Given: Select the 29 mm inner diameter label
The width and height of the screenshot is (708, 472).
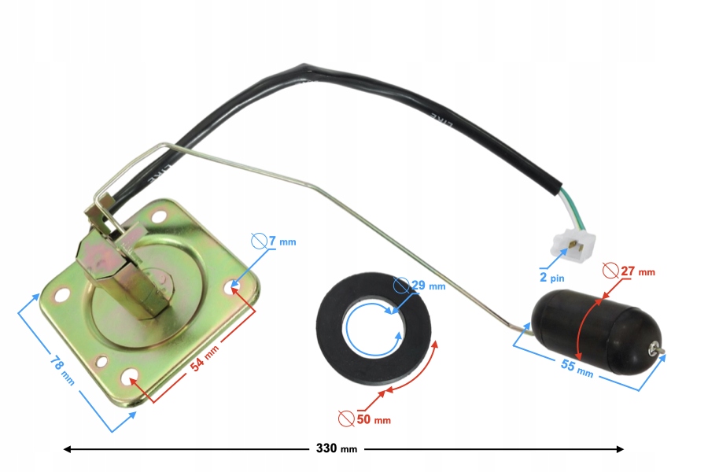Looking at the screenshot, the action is (x=427, y=286).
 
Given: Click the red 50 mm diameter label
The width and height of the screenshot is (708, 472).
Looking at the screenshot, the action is (x=371, y=419).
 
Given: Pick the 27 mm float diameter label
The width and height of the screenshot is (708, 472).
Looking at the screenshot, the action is (x=636, y=272).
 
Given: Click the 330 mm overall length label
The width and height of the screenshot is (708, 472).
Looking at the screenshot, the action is (x=336, y=449).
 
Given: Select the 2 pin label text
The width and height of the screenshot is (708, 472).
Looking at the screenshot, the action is (x=552, y=278).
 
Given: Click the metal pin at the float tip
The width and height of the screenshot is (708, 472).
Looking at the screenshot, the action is (x=658, y=352).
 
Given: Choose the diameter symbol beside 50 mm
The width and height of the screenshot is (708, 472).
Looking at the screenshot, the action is (x=344, y=419).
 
